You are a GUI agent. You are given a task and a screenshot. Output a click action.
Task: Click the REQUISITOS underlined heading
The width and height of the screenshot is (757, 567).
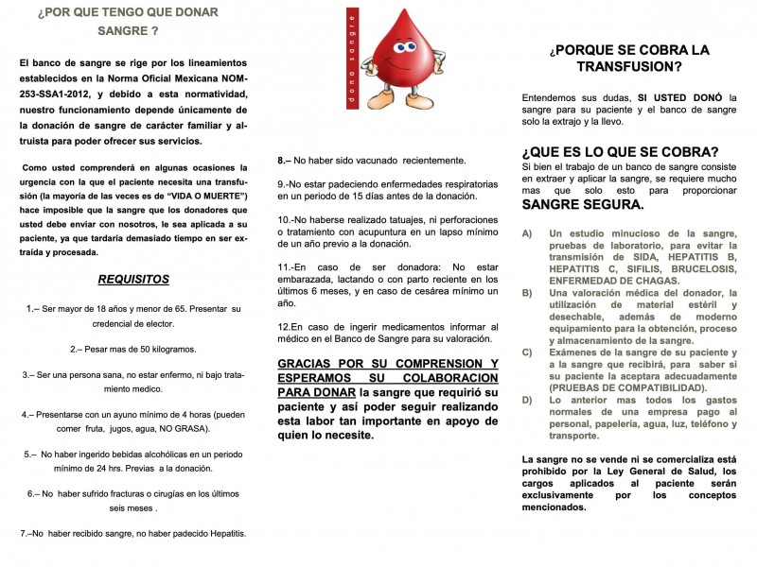tap(133, 279)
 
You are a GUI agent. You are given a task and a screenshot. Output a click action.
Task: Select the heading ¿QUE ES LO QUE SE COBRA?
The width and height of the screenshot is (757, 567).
tap(620, 151)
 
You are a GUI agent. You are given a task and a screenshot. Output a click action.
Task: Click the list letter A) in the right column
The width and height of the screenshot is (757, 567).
tap(527, 232)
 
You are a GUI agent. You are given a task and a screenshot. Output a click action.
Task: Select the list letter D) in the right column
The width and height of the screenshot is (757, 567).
tap(527, 401)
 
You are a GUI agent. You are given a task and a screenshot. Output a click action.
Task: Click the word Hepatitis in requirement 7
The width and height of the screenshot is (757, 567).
tap(220, 533)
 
